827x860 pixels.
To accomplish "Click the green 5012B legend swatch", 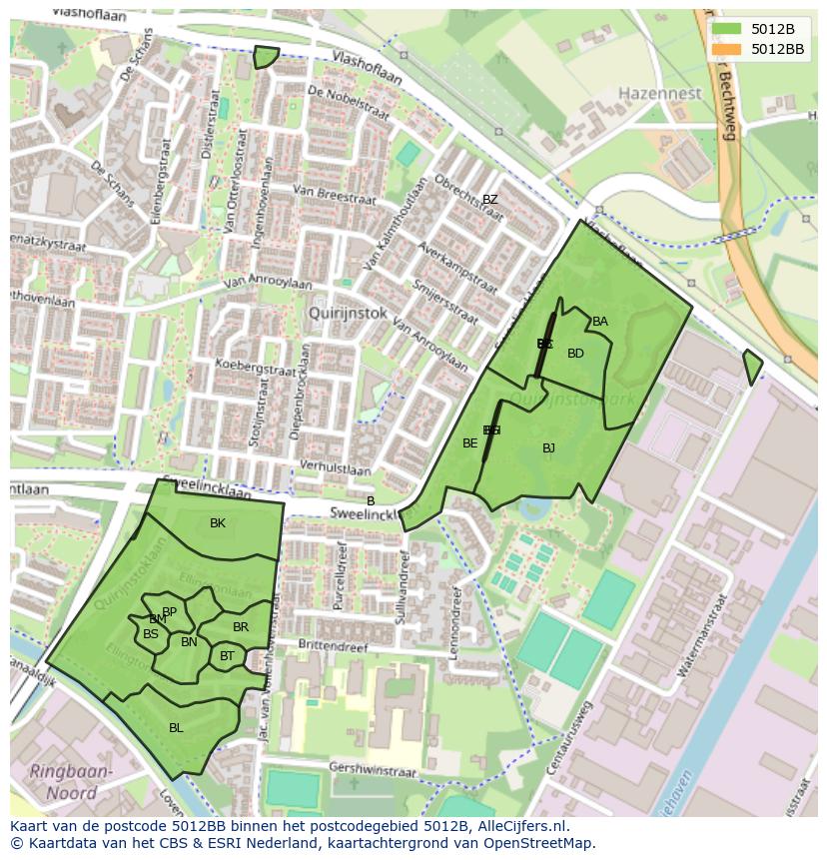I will [x=726, y=28].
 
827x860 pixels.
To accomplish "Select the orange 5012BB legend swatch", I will [x=726, y=48].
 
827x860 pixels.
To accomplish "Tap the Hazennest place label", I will [x=659, y=93].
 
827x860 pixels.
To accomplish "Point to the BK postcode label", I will [x=218, y=523].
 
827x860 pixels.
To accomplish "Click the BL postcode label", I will [x=176, y=728].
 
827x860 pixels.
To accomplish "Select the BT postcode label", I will [x=227, y=656].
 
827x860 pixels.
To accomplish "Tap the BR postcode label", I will [x=241, y=627].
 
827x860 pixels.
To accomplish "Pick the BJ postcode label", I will [x=548, y=448].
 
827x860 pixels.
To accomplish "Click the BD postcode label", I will [x=575, y=354].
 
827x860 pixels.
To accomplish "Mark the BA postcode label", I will [x=600, y=322].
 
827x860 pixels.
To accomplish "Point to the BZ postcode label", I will [x=489, y=200].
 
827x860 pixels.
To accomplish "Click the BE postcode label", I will [x=469, y=443].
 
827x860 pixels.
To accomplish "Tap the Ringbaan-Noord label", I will [x=71, y=783].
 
